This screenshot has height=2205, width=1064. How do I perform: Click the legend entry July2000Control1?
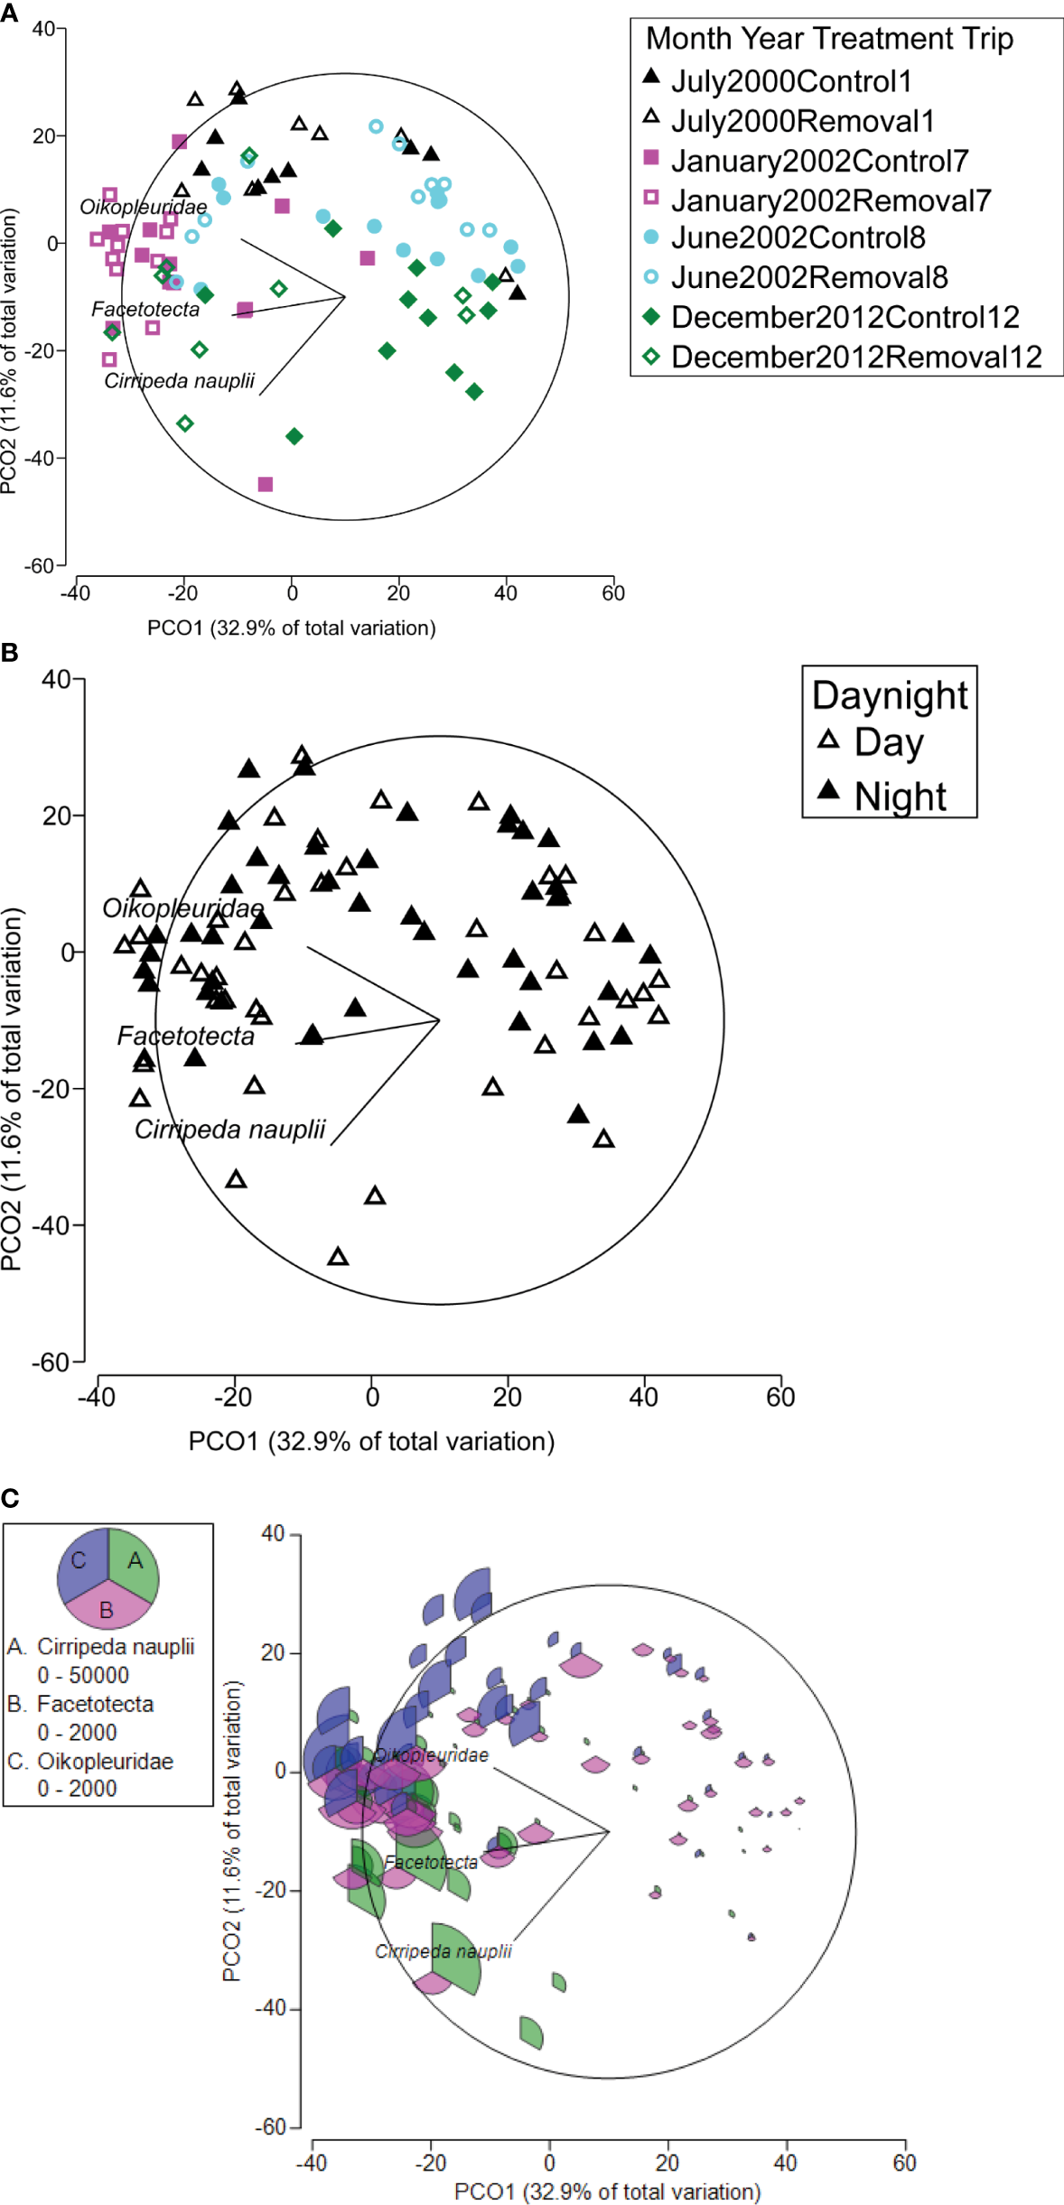pos(791,81)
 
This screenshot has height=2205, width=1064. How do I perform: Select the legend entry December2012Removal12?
pos(855,357)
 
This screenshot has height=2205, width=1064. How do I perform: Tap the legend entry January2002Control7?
pos(818,161)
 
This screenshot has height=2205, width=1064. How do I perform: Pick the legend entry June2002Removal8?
pos(808,277)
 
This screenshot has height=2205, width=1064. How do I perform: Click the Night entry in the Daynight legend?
pos(900,796)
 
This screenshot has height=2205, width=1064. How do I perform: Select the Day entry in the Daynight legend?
pos(889,742)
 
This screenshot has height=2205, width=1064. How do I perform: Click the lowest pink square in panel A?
pos(266,485)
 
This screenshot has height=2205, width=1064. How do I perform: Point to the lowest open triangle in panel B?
pos(338,1257)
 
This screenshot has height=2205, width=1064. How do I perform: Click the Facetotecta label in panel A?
pos(145,310)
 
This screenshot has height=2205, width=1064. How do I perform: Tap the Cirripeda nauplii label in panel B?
pos(229,1130)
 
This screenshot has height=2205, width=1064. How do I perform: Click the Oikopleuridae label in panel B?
pos(182,908)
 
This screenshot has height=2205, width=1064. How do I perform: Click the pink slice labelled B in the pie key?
pos(107,1609)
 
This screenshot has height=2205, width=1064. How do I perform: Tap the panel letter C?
pos(10,1499)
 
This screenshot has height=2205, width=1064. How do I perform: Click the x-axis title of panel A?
pos(291,628)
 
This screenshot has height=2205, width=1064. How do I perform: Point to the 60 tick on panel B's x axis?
pos(780,1398)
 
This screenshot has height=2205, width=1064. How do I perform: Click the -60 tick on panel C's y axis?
pos(270,2126)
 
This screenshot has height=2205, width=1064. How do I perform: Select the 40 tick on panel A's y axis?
pos(43,29)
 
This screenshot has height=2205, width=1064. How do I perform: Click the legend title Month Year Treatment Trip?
pos(829,39)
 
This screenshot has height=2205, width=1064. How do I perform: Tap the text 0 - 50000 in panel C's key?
pos(83,1675)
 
